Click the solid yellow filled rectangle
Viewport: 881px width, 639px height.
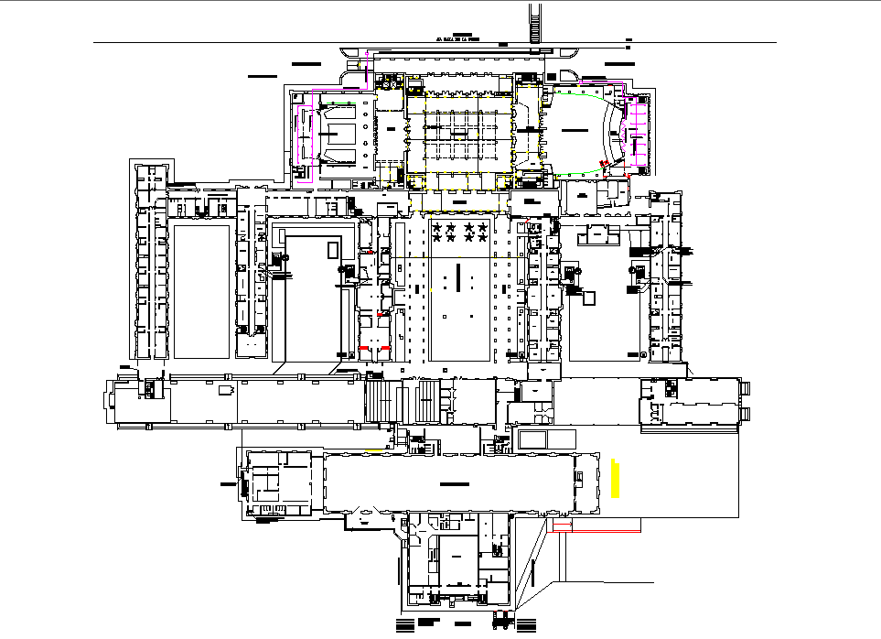coord(617,479)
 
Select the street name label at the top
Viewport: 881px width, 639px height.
coord(458,38)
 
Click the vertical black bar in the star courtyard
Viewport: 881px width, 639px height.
coord(457,276)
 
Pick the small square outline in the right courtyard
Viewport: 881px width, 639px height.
coord(589,298)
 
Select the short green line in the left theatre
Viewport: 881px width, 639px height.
coord(344,104)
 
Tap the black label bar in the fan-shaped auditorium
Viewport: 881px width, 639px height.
coord(574,132)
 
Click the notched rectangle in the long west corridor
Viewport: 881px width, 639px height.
coord(223,390)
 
